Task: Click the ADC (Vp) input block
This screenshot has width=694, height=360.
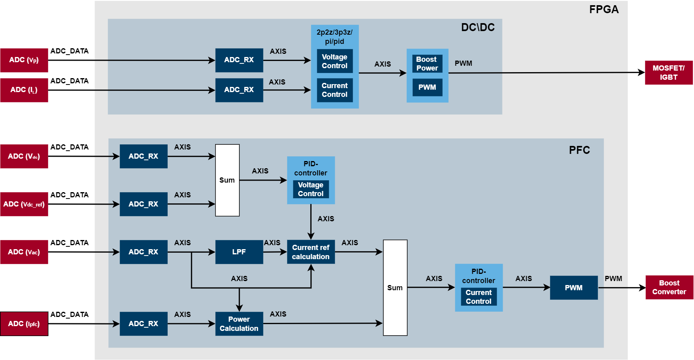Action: (x=24, y=60)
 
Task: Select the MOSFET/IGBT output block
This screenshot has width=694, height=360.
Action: (x=669, y=73)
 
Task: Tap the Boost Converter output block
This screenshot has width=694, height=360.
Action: (x=669, y=287)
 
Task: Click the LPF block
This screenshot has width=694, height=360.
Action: (x=239, y=252)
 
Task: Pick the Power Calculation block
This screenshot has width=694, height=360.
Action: (x=239, y=324)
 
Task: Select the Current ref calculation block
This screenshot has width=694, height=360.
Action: (x=311, y=252)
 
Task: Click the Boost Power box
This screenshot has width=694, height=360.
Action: (x=427, y=64)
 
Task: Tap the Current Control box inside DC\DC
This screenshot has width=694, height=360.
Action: (x=335, y=90)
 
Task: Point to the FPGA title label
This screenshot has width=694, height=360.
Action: (x=604, y=10)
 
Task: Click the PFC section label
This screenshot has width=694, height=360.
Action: (x=579, y=150)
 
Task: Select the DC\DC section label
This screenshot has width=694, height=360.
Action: (x=478, y=28)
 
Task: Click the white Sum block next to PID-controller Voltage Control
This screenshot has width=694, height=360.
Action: (x=227, y=180)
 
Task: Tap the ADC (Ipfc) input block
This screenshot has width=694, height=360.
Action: (x=24, y=324)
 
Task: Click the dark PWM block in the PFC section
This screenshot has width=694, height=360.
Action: (x=574, y=288)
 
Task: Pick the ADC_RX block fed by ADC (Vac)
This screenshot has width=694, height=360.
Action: (x=143, y=252)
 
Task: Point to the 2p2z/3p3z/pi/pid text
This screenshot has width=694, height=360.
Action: (x=335, y=37)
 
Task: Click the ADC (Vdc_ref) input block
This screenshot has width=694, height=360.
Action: (x=24, y=204)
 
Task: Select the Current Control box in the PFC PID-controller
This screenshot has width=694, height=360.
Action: (x=478, y=297)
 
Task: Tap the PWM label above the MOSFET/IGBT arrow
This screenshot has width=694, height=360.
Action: (x=463, y=63)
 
